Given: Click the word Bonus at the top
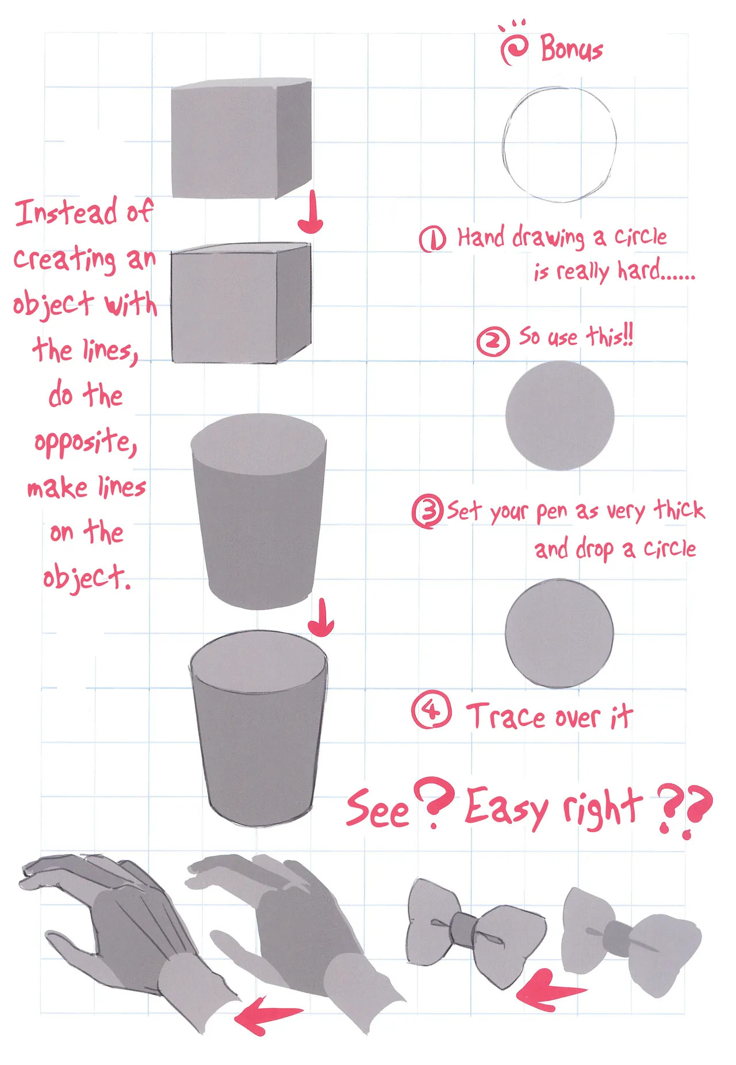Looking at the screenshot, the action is click(572, 48).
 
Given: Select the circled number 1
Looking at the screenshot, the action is click(432, 239).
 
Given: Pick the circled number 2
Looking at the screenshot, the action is click(493, 341).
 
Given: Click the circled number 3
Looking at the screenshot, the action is click(427, 512).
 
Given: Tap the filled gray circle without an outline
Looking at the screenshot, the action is click(559, 416).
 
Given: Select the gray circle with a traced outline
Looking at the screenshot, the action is click(559, 633).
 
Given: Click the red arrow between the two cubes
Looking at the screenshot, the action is click(311, 213).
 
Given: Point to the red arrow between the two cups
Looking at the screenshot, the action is click(321, 618).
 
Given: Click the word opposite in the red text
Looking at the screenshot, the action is click(85, 443).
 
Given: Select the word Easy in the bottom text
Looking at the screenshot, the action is click(506, 808).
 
